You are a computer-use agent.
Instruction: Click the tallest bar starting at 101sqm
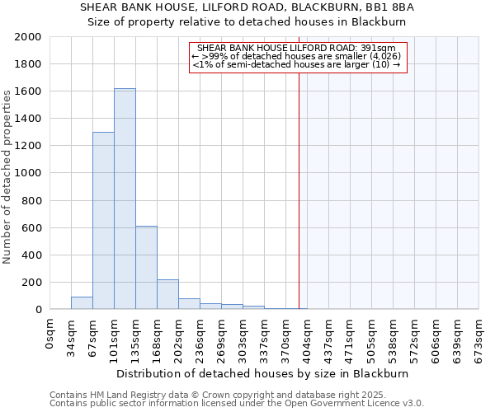[x=125, y=199]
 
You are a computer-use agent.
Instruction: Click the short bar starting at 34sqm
[x=82, y=303]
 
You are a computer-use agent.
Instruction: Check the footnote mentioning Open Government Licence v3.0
[x=237, y=404]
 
